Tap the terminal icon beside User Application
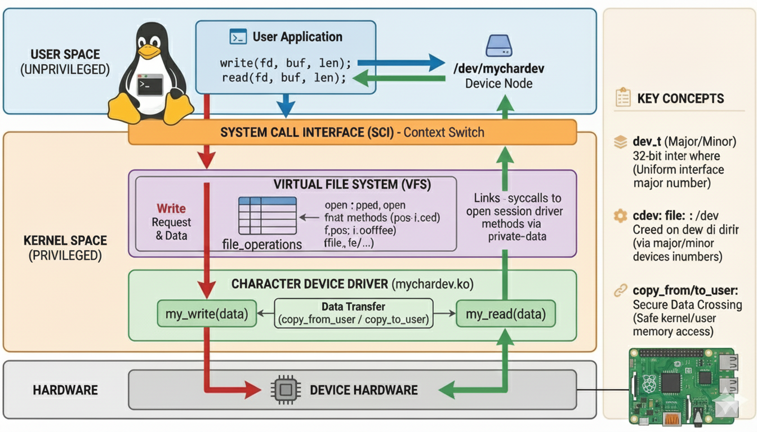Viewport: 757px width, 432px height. [238, 37]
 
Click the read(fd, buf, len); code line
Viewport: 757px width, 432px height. [283, 78]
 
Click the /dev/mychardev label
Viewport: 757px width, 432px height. [499, 69]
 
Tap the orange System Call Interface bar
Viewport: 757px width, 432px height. [352, 133]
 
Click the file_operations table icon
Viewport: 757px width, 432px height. [268, 215]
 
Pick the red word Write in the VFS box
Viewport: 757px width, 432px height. [171, 208]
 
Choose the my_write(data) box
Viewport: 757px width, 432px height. [207, 314]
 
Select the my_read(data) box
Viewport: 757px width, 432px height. [505, 314]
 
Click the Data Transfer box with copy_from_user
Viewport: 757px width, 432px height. [353, 313]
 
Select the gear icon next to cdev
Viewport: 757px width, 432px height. [620, 215]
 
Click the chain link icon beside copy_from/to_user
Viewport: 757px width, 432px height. [620, 291]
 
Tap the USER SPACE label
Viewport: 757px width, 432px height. [65, 55]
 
